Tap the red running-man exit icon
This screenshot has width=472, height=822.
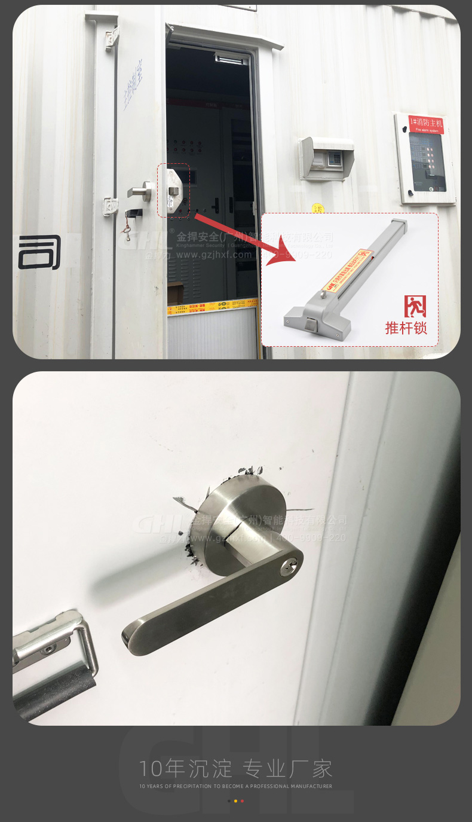(x=415, y=306)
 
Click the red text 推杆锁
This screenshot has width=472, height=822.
(x=406, y=328)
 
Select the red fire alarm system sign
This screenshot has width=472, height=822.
(x=426, y=125)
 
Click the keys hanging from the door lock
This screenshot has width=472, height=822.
(x=126, y=230)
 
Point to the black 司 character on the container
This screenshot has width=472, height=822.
(x=39, y=252)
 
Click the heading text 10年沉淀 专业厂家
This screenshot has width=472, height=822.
(x=235, y=769)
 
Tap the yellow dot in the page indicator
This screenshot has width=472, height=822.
(x=235, y=800)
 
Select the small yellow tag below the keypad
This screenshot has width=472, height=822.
(x=318, y=208)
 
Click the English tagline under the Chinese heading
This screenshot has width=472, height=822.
(x=235, y=786)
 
